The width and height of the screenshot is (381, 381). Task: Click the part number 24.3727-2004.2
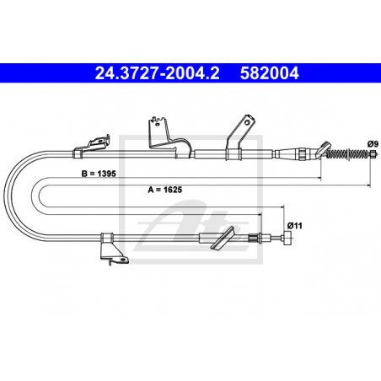(x=157, y=73)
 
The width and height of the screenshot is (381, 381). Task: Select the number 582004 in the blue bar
(x=269, y=73)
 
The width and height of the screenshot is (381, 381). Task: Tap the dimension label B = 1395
(x=99, y=174)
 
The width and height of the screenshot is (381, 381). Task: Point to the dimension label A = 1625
(x=165, y=190)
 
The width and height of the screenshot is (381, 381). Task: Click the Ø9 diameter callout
(x=372, y=144)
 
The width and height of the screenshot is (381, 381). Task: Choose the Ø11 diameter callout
(x=294, y=225)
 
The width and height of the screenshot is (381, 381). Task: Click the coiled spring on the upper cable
(x=347, y=153)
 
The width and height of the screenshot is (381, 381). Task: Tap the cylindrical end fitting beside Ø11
(x=287, y=239)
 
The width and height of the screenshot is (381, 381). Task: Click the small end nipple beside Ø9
(x=373, y=154)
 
